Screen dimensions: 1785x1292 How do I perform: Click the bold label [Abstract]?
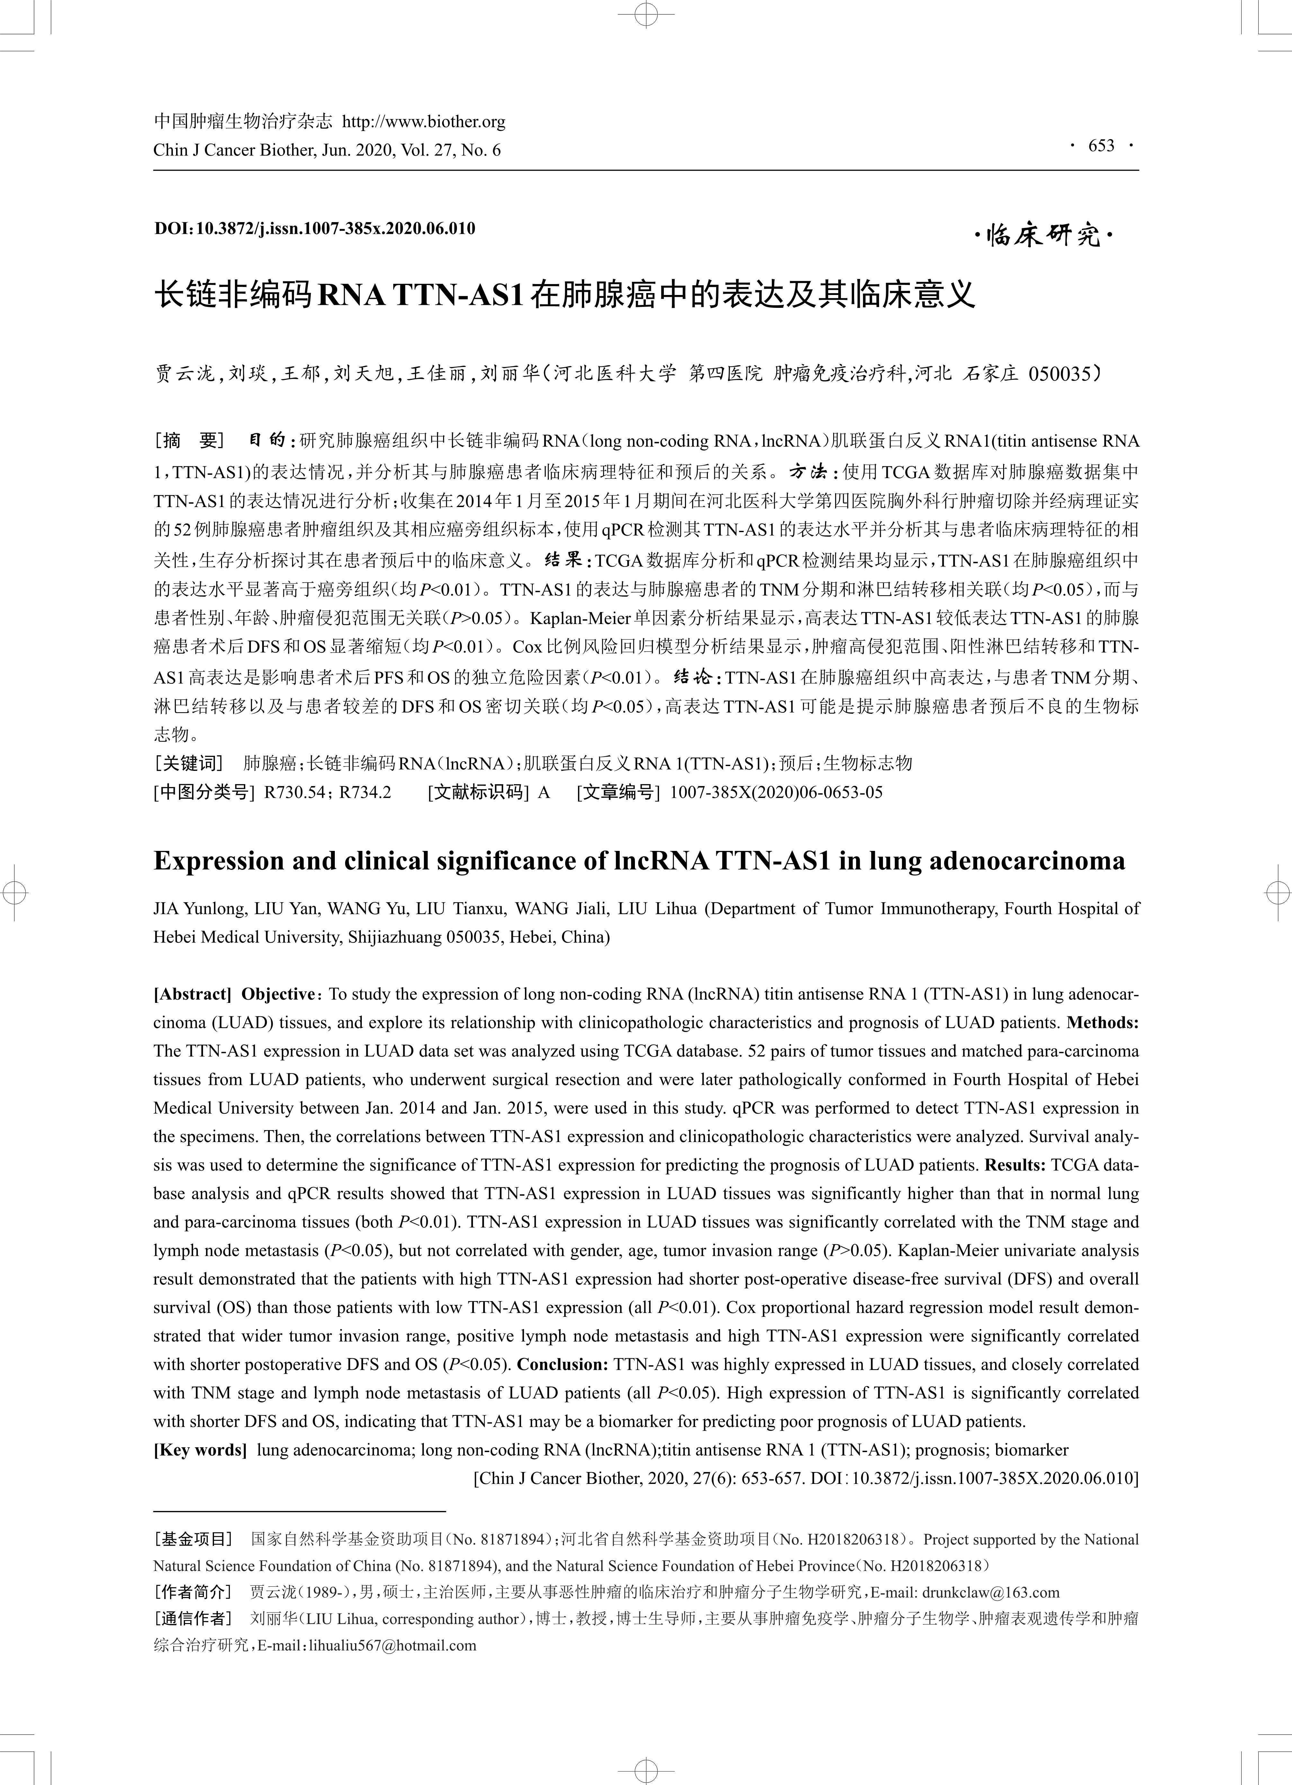coord(192,994)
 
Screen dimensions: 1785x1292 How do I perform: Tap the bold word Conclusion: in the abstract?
coord(563,1365)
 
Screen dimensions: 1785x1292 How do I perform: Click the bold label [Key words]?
coord(200,1450)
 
